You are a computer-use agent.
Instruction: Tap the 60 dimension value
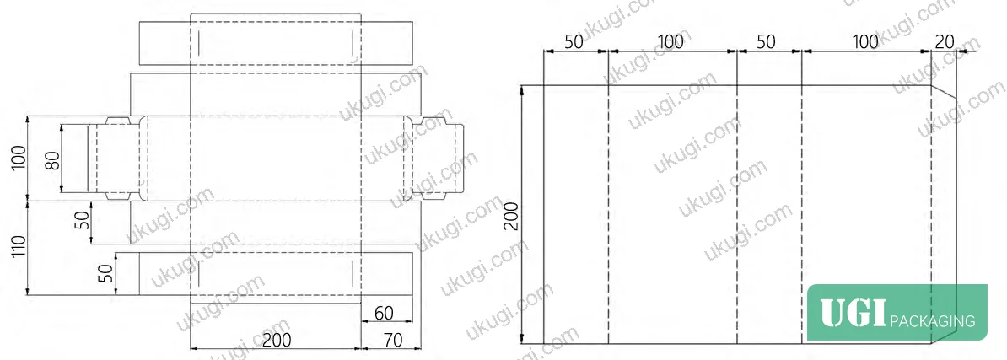pyautogui.click(x=384, y=313)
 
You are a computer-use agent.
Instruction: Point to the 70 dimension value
pyautogui.click(x=391, y=340)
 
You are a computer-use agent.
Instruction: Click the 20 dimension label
pyautogui.click(x=944, y=41)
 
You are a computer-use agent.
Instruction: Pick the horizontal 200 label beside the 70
pyautogui.click(x=277, y=340)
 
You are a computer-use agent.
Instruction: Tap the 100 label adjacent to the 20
pyautogui.click(x=865, y=41)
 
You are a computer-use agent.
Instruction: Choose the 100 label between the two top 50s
pyautogui.click(x=670, y=41)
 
